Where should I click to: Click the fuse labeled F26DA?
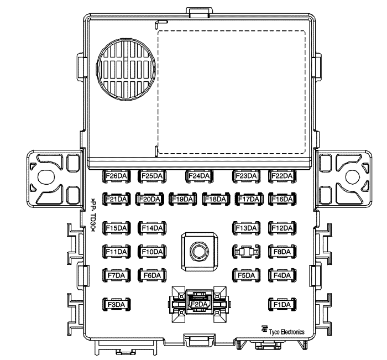[116, 176]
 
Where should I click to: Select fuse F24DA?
[199, 176]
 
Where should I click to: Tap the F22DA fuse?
[282, 176]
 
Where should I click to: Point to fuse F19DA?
[182, 199]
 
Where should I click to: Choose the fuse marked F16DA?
[282, 199]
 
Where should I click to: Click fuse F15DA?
[116, 228]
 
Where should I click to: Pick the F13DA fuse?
[247, 228]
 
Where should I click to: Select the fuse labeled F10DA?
[152, 252]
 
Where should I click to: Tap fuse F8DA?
[282, 252]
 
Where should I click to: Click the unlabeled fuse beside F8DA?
[247, 252]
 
